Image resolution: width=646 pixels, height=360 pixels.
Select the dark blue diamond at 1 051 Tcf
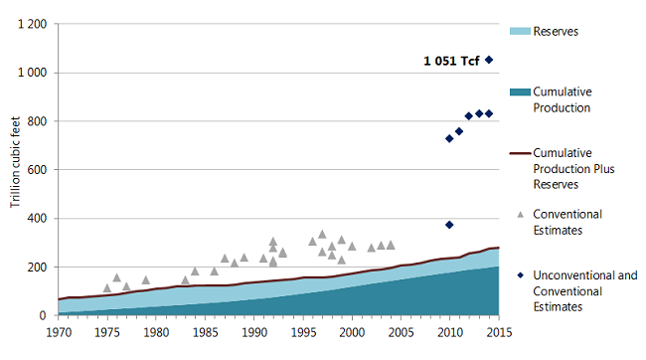489,60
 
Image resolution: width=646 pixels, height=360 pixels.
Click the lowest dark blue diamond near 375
449,225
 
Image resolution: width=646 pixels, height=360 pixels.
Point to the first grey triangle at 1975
107,288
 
